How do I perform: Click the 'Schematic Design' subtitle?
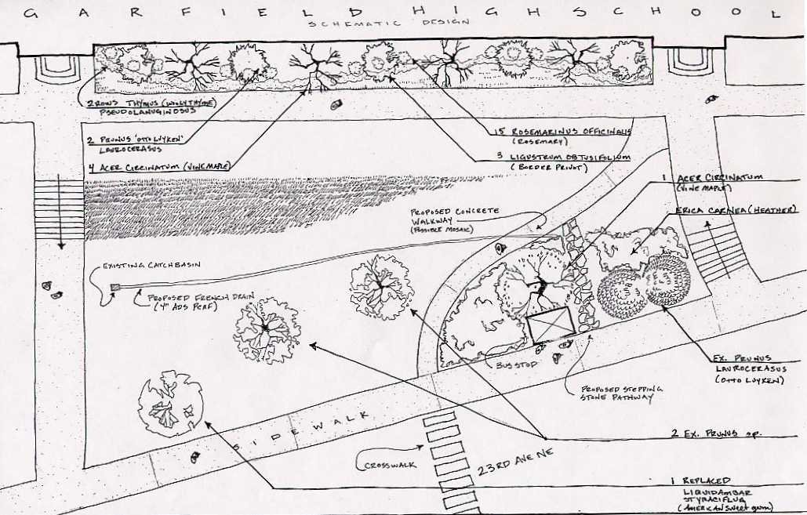tap(389, 23)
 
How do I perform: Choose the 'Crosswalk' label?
tap(390, 465)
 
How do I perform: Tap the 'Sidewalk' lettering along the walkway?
tap(303, 433)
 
